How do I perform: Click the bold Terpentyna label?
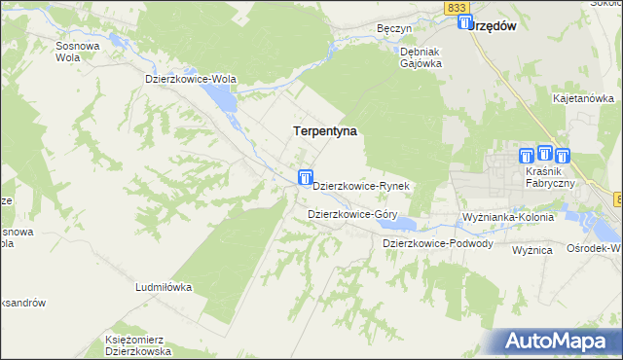click(325, 129)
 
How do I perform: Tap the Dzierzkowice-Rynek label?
click(364, 185)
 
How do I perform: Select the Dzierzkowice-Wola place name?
click(191, 79)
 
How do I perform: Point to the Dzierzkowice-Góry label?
click(350, 213)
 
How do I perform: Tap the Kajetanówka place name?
click(583, 98)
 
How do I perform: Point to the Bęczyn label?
click(395, 29)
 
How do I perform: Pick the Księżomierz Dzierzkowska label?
click(138, 345)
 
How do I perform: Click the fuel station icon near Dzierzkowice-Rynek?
click(305, 177)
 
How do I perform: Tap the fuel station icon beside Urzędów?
click(464, 22)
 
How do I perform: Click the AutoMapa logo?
click(558, 341)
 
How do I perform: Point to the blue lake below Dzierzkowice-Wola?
click(221, 98)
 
